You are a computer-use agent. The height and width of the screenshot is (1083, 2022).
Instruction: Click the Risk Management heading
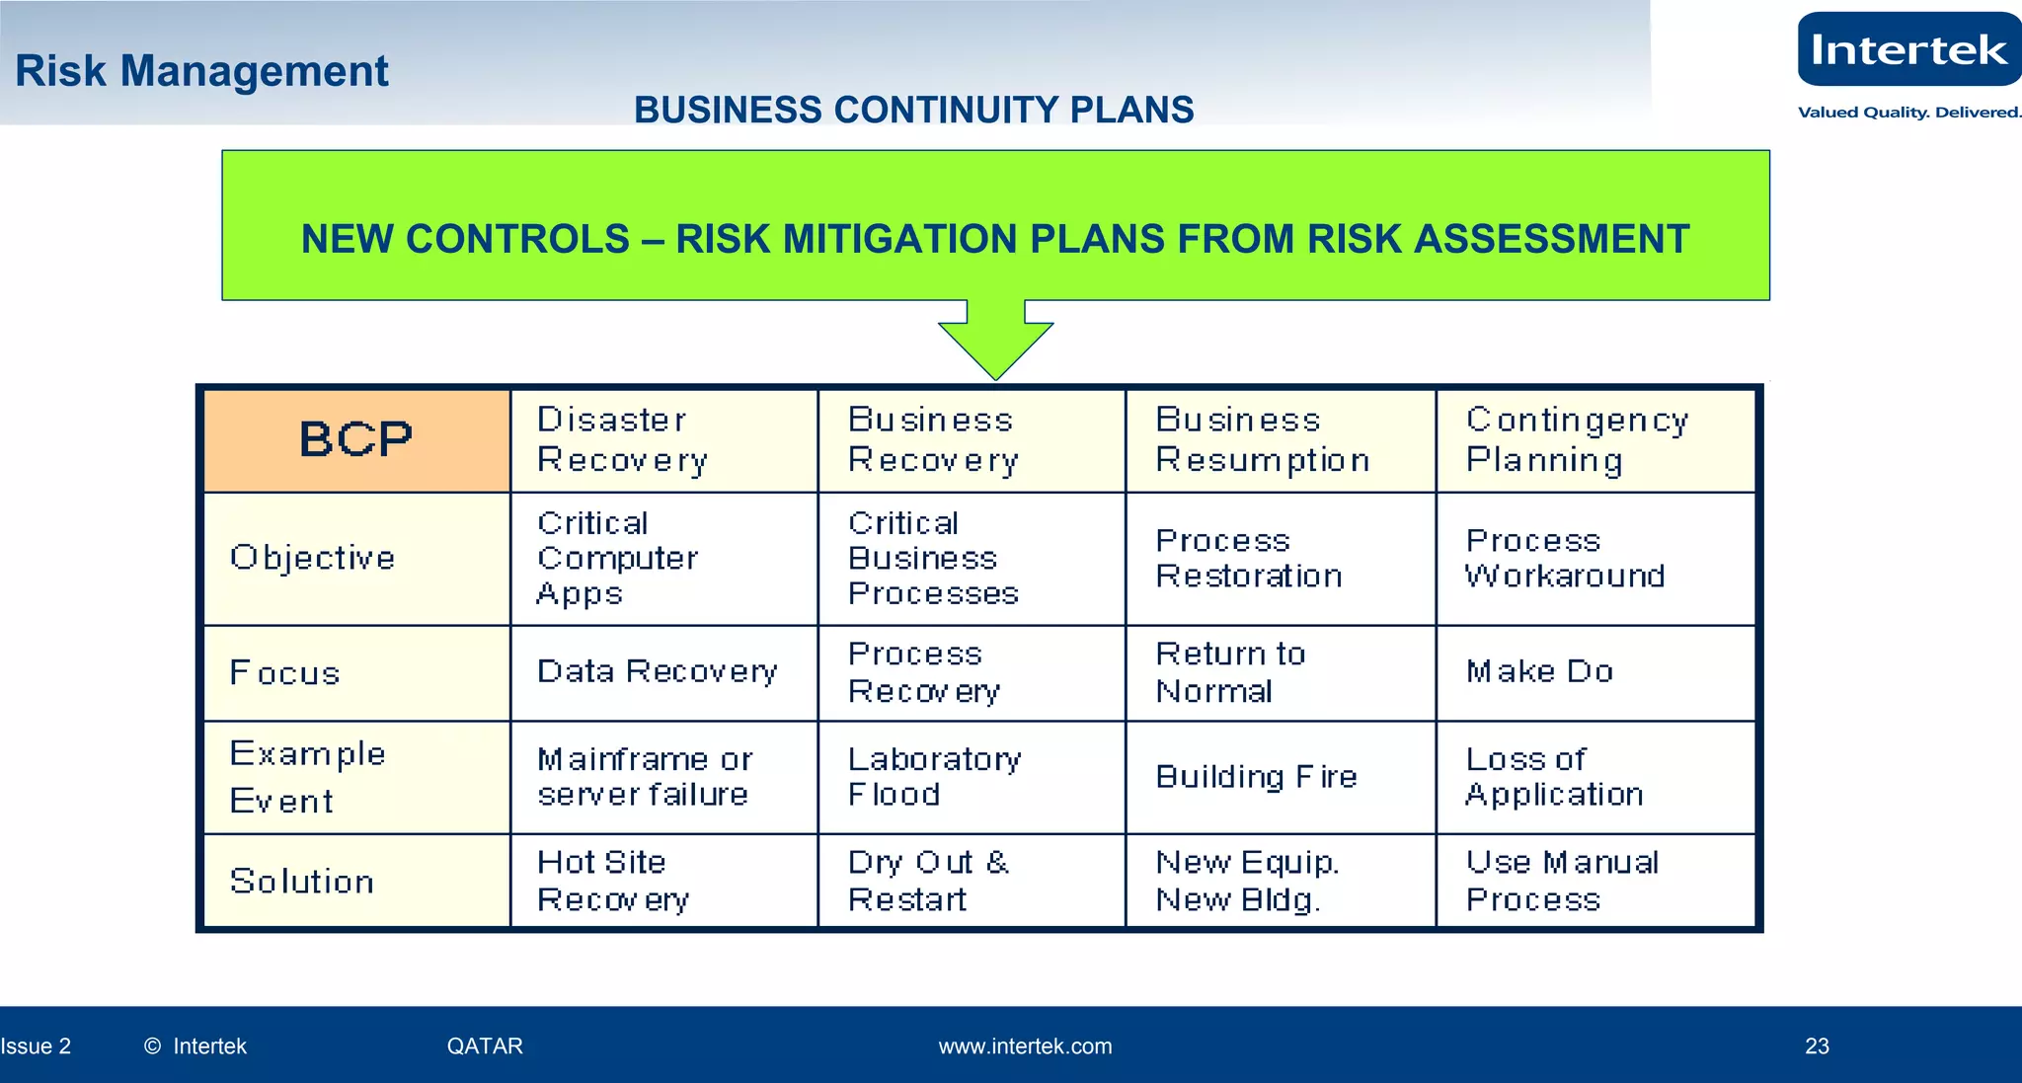202,71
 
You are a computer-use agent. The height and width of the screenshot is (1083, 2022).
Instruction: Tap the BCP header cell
356,440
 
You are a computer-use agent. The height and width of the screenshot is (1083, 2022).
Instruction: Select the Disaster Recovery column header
622,440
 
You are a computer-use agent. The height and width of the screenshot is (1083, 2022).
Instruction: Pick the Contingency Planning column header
1577,440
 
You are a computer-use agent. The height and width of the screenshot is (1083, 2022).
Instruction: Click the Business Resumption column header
1263,440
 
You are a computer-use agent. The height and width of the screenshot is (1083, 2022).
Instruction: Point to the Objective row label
312,558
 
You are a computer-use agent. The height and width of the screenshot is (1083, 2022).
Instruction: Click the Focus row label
284,673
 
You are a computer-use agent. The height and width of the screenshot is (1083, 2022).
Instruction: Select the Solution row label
301,882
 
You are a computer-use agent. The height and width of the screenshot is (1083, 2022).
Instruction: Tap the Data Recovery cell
657,672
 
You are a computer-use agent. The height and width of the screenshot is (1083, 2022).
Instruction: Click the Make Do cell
1539,672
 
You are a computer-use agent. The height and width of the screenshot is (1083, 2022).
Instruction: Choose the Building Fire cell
1256,777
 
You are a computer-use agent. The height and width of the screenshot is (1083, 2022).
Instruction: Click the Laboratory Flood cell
934,777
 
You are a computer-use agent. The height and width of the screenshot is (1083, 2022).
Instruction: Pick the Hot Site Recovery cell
612,881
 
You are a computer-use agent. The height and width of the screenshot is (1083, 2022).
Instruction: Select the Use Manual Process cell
1562,881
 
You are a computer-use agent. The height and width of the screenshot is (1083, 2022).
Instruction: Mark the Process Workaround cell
1565,559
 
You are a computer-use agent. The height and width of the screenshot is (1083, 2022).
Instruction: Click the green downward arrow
995,341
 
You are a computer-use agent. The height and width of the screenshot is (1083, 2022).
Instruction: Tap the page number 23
1817,1046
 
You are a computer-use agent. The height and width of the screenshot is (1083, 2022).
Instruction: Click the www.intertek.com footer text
1025,1046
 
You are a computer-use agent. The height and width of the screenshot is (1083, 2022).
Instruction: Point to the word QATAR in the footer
485,1046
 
